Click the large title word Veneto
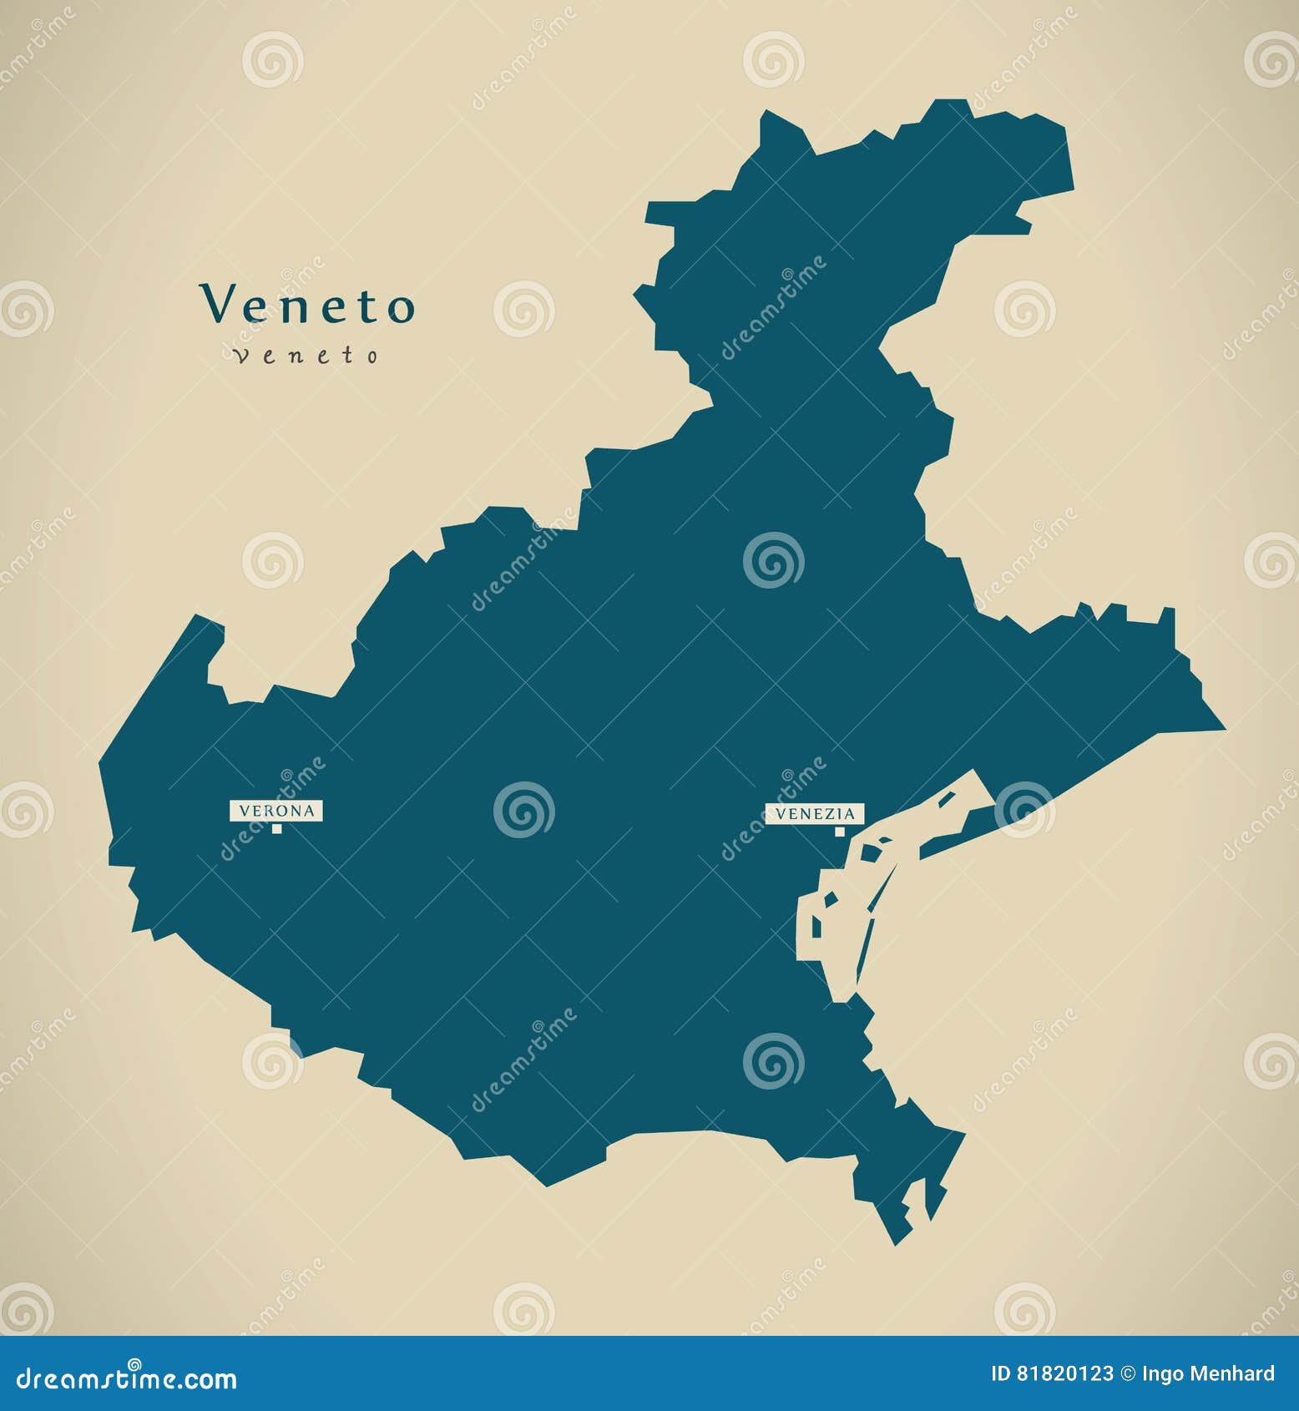pyautogui.click(x=306, y=305)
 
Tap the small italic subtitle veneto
pyautogui.click(x=306, y=356)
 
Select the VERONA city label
pyautogui.click(x=276, y=810)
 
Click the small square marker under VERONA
pyautogui.click(x=276, y=828)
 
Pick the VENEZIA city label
pyautogui.click(x=815, y=813)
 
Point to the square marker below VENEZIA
pyautogui.click(x=840, y=831)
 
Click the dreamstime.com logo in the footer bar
pyautogui.click(x=127, y=1378)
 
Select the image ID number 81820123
pyautogui.click(x=1064, y=1373)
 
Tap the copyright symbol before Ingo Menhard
pyautogui.click(x=1127, y=1373)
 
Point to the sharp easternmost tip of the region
pyautogui.click(x=1223, y=729)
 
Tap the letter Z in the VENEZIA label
pyautogui.click(x=825, y=813)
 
